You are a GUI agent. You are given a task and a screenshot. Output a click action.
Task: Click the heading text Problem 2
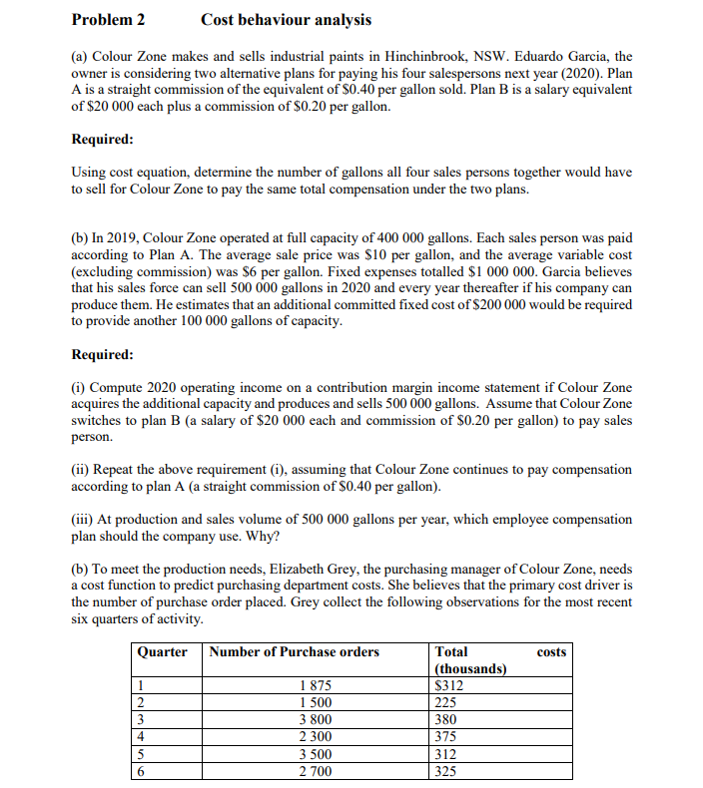(x=109, y=19)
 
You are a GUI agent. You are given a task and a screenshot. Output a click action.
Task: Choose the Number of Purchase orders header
(x=296, y=651)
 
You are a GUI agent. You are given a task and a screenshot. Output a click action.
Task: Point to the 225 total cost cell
(x=447, y=702)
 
